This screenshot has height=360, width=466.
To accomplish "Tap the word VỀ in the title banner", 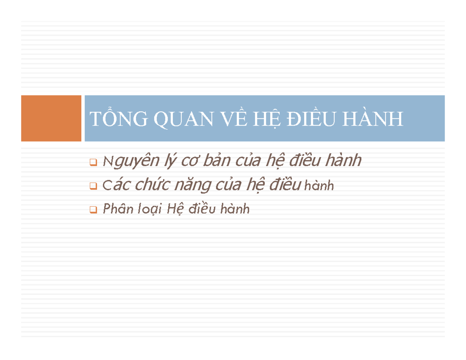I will click(x=234, y=118).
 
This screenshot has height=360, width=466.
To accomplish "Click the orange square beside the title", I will click(x=51, y=118).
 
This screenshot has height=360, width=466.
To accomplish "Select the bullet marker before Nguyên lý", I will click(x=93, y=162).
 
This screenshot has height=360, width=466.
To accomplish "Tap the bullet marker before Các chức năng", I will click(x=93, y=186).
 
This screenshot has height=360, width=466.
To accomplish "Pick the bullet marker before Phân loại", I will click(x=93, y=210).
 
